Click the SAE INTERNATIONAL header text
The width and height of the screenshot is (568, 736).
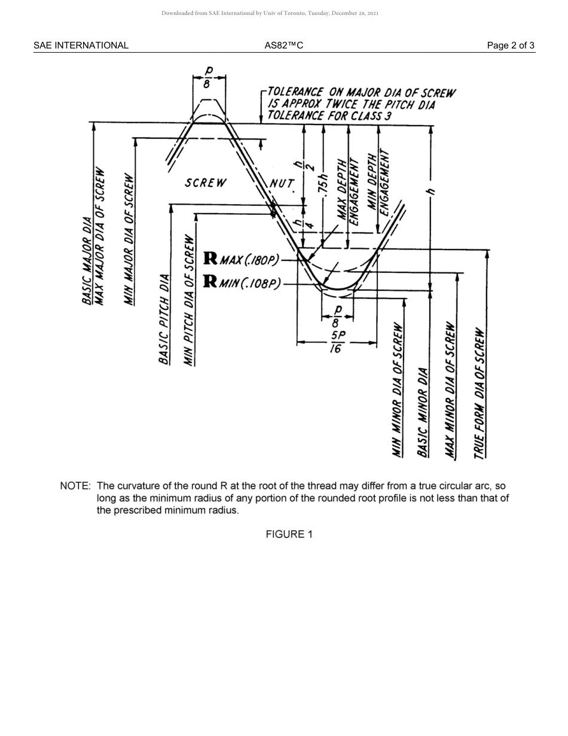pos(81,45)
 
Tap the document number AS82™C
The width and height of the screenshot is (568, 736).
pos(283,45)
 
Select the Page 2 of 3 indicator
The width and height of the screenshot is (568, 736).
pos(511,45)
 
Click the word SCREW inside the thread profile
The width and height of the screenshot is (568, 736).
pos(206,183)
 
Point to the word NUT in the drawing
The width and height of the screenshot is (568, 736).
pos(282,183)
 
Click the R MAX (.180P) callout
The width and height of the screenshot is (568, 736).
pos(242,260)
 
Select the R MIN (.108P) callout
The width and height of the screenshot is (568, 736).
pos(242,282)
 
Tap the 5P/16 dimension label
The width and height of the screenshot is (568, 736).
pos(337,342)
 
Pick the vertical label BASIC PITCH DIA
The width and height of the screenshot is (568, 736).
pos(164,318)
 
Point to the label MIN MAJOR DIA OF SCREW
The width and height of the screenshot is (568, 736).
pos(129,239)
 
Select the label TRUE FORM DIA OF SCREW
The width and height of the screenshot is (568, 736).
pos(480,393)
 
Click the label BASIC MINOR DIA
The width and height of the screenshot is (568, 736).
pos(423,413)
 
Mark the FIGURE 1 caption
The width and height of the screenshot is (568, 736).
pos(289,534)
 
